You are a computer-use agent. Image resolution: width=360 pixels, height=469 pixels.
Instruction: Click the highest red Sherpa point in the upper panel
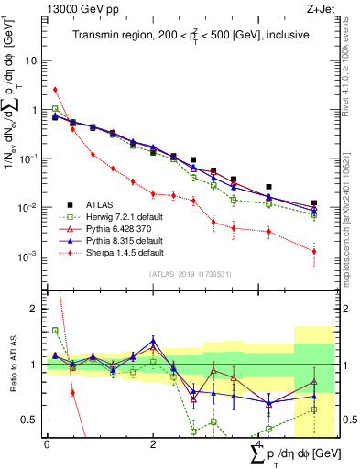(x=55, y=90)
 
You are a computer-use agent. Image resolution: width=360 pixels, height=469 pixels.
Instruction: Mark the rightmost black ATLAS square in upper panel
(x=314, y=203)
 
